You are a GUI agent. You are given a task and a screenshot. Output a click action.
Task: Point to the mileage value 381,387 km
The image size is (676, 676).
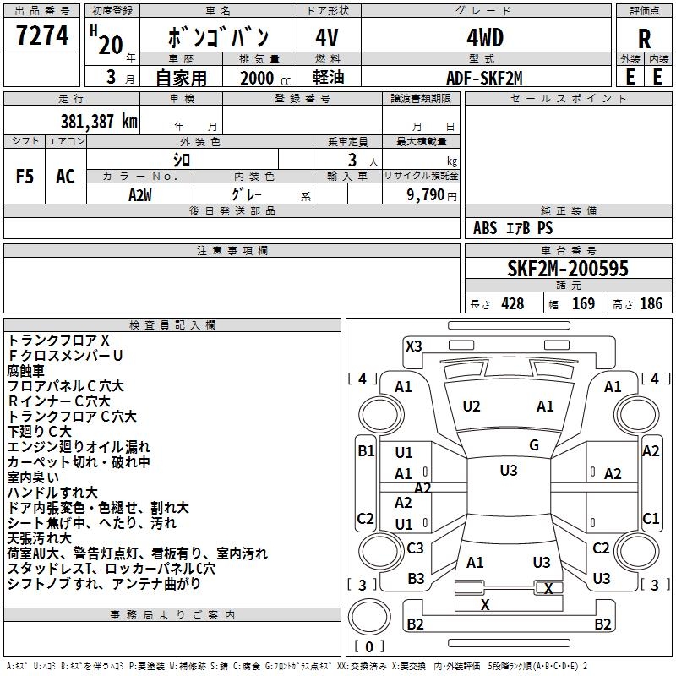tap(99, 121)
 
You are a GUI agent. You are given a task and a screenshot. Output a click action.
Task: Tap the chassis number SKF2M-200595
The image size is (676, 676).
tap(568, 270)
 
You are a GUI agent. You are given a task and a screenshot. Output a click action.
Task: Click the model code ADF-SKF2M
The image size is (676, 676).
tap(485, 78)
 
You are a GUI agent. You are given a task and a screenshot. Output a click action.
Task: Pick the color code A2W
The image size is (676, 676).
tap(140, 194)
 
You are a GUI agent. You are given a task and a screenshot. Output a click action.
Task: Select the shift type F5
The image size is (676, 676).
tap(25, 177)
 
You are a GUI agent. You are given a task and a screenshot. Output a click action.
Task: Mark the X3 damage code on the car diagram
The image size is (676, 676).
tap(413, 346)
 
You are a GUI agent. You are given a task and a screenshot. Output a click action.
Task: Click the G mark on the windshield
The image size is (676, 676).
tap(534, 445)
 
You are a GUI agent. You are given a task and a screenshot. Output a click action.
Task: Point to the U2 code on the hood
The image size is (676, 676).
tap(472, 406)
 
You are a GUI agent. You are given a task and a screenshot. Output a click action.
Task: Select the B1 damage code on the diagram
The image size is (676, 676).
tap(366, 451)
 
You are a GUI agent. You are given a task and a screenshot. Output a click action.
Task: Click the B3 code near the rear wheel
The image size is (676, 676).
tap(416, 579)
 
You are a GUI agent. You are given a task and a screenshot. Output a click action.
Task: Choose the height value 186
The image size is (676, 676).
tap(651, 304)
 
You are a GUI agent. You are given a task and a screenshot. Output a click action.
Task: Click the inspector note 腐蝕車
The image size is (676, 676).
tap(26, 371)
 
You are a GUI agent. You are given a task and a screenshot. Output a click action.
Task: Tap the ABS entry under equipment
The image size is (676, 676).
tap(485, 228)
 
